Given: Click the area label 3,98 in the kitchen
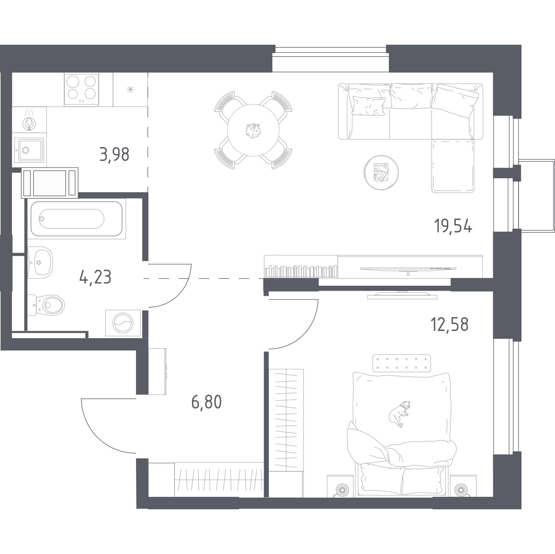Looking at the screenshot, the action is point(114,154).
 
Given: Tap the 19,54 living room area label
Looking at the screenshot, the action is point(453,226).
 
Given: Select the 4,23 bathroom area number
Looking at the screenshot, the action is point(95,277).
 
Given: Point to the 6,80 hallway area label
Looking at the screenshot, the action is point(206,402).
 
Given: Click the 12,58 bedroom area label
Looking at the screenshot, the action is point(449,325).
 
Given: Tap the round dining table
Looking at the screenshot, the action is point(253,130).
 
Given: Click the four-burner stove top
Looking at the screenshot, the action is point(81,90).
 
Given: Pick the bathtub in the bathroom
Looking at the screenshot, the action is point(76,219).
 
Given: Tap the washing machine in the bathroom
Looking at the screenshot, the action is point(123,323).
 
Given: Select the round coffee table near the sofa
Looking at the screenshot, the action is point(381,173).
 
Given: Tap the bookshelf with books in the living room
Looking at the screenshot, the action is point(301,267).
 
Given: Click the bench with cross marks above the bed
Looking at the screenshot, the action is point(402,363).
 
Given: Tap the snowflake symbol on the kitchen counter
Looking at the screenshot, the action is point(130,90).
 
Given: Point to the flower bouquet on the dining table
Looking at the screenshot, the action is point(253,131).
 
